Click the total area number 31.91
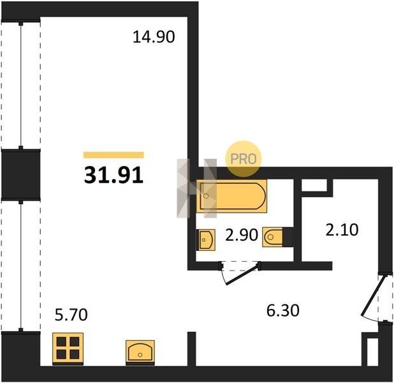[113, 175]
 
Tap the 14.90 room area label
[154, 37]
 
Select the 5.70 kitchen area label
[71, 315]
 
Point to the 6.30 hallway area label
[282, 310]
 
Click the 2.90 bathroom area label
[242, 236]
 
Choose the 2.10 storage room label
[342, 230]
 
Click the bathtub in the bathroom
[231, 196]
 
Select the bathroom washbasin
[206, 239]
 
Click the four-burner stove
[68, 349]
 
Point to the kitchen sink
[140, 352]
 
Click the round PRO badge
[244, 159]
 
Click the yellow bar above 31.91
[113, 154]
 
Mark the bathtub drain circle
[206, 196]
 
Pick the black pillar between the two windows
[20, 174]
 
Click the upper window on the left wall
[21, 85]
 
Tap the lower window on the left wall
[21, 266]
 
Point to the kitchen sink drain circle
[140, 355]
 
